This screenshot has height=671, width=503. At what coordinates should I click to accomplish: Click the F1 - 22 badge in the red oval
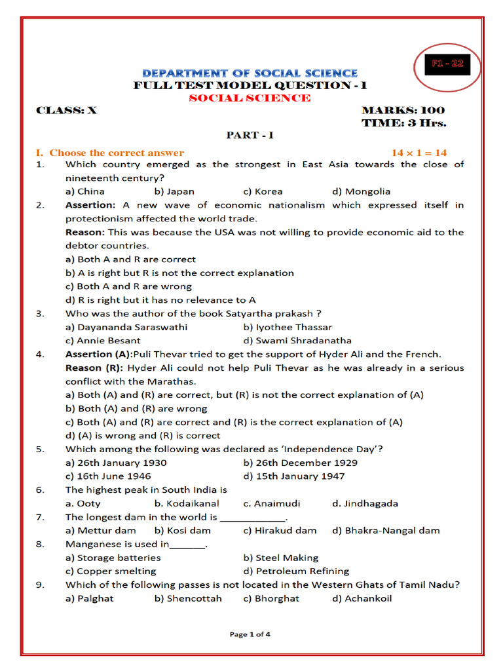coord(448,64)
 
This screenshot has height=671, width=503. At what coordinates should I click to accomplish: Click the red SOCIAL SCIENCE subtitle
coord(250,98)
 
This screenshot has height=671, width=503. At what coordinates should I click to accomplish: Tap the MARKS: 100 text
coord(403,110)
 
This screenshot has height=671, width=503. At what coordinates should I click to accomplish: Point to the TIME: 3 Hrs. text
coord(404,123)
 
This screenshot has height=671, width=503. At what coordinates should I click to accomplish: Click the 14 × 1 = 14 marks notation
coord(419,152)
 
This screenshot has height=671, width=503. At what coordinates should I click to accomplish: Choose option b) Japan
coord(174,191)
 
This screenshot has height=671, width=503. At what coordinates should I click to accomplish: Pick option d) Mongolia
coord(361,191)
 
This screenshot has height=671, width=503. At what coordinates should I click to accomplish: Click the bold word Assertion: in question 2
coord(90,205)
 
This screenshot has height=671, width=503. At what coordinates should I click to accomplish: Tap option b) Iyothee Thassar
coord(288,327)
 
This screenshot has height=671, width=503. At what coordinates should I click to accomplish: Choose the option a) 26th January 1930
coord(116,463)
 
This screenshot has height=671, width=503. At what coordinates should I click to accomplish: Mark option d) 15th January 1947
coord(293,476)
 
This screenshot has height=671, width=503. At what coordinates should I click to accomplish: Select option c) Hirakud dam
coord(280,530)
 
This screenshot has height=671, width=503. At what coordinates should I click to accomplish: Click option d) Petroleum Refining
coord(296,571)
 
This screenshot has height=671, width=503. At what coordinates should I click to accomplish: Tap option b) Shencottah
coord(188,598)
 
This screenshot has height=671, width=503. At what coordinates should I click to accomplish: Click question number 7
coord(41,517)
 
